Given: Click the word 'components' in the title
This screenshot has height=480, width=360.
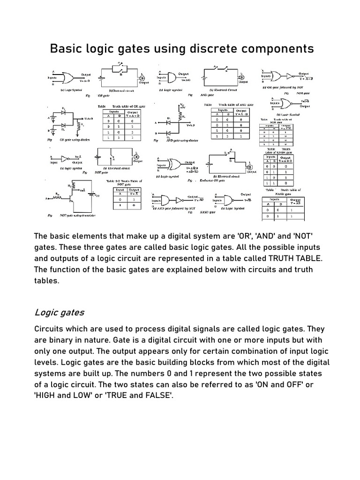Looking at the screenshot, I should [x=276, y=48].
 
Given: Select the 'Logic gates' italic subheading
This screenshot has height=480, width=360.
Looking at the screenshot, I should [x=59, y=312].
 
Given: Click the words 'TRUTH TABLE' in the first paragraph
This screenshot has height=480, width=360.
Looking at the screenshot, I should [x=296, y=258].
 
